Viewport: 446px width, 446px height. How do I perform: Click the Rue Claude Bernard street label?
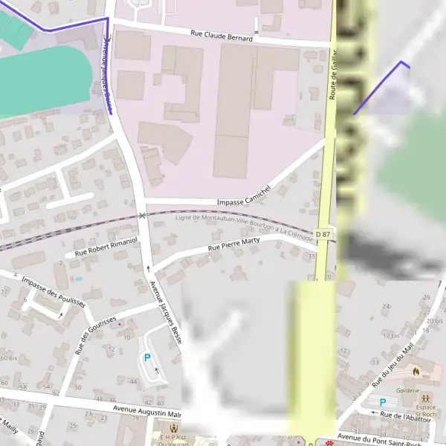pyautogui.click(x=221, y=35)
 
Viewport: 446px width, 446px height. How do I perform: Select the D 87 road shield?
pyautogui.click(x=322, y=234)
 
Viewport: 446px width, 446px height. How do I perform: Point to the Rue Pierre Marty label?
pyautogui.click(x=233, y=245)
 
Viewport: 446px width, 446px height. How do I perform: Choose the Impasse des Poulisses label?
pyautogui.click(x=54, y=291)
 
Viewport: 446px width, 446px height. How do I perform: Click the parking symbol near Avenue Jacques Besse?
pyautogui.click(x=146, y=358)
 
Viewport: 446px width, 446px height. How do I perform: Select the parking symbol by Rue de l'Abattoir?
pyautogui.click(x=383, y=402)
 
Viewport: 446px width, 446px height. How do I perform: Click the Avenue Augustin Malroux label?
pyautogui.click(x=147, y=409)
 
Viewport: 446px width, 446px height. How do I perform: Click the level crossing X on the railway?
pyautogui.click(x=142, y=216)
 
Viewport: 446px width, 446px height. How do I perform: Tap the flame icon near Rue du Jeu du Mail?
pyautogui.click(x=416, y=370)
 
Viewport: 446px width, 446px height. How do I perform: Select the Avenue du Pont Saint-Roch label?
pyautogui.click(x=379, y=438)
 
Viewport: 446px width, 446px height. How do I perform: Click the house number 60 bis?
pyautogui.click(x=8, y=358)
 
